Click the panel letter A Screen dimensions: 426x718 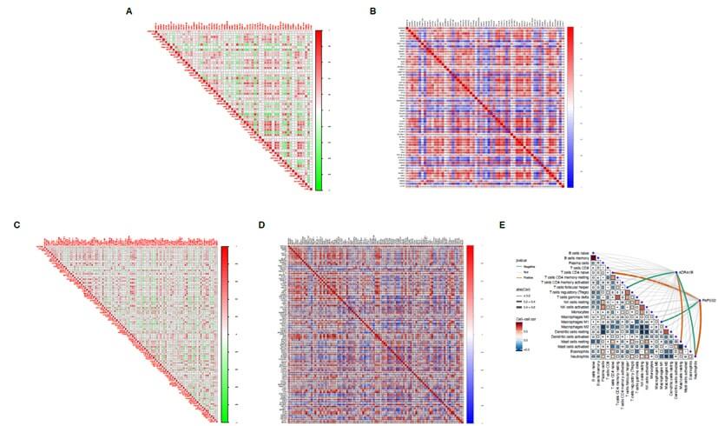129,11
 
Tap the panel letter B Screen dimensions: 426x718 372,11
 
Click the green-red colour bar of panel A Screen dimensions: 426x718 319,110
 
